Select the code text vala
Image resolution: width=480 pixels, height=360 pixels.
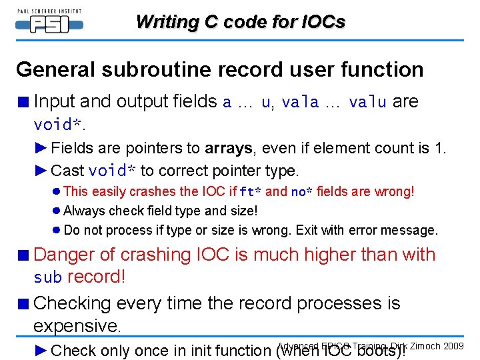300,102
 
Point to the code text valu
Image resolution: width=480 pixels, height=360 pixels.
367,102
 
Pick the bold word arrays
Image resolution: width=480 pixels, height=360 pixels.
228,148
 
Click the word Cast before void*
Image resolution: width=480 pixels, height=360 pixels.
67,171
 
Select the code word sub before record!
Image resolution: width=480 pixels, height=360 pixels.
47,277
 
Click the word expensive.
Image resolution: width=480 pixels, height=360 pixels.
77,326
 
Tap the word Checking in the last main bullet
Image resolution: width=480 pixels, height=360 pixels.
73,303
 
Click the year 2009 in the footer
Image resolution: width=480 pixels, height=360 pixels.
453,346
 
